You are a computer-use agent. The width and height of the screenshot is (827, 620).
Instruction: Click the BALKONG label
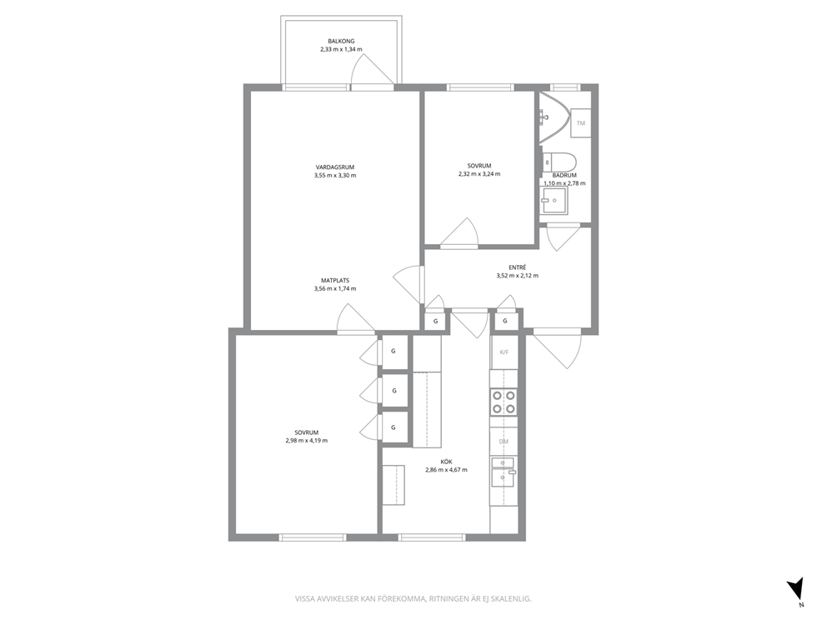pos(341,41)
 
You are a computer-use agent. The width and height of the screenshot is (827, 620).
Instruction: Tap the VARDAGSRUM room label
pos(334,167)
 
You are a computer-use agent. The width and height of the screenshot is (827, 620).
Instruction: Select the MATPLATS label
pos(335,281)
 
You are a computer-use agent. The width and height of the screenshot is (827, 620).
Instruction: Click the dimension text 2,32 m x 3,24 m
pos(479,174)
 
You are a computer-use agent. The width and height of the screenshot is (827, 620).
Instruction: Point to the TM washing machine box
pos(581,122)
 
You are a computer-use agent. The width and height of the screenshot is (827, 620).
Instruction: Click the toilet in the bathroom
pos(559,160)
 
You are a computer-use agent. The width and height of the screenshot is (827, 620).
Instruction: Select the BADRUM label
pos(564,175)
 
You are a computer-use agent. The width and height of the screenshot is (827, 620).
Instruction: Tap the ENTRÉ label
pos(518,267)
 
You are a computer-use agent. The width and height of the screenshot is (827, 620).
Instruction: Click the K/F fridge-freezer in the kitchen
pos(504,352)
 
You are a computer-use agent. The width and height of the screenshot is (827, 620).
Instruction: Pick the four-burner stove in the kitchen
pos(504,401)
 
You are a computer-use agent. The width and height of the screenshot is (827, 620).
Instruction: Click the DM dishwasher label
pos(504,442)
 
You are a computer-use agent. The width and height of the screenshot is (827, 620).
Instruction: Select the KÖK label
pos(446,462)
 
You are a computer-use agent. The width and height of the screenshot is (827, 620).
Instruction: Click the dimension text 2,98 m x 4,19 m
pos(306,441)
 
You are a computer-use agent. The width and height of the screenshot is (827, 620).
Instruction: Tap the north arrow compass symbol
pos(795,588)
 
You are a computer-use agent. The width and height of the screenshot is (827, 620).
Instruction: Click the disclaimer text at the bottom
pos(413,599)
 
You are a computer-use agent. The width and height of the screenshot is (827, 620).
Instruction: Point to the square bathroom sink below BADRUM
pos(554,201)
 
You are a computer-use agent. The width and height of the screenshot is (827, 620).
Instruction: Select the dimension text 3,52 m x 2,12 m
pos(518,276)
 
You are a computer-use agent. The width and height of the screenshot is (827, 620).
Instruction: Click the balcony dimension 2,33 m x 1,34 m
pos(341,49)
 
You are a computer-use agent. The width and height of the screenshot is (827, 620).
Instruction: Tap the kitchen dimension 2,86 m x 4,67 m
pos(446,470)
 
